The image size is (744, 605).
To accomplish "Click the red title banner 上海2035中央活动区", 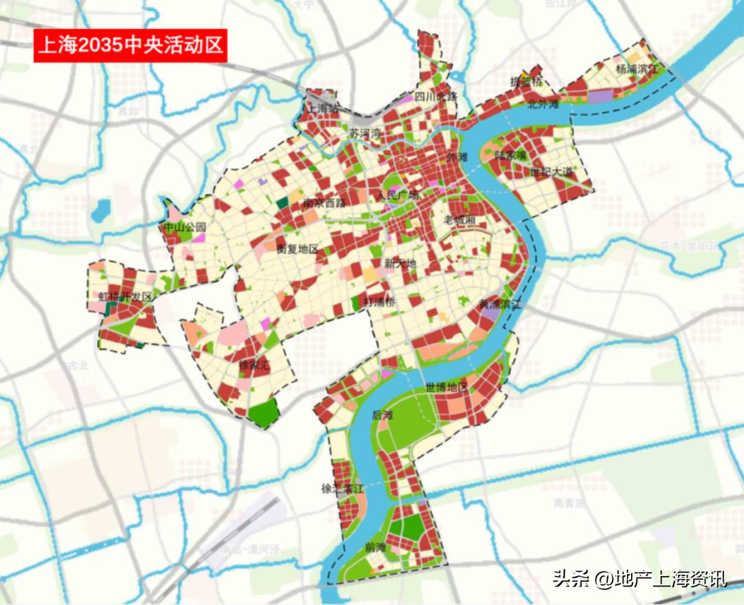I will tap(130, 45).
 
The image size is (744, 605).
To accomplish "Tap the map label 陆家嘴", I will tap(510, 156).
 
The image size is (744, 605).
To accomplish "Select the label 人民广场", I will tap(397, 195).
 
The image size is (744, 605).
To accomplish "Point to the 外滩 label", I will tap(457, 157).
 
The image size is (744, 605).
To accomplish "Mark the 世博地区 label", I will tap(446, 387).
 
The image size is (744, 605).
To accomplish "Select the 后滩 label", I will tap(382, 415).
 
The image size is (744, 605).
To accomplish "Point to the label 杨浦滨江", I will tap(637, 69).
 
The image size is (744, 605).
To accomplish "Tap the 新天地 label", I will tap(400, 263).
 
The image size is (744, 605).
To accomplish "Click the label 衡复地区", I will tap(297, 248).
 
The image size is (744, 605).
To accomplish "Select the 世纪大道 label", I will tap(552, 171).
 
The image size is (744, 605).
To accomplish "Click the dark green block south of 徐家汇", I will tap(264, 412).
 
